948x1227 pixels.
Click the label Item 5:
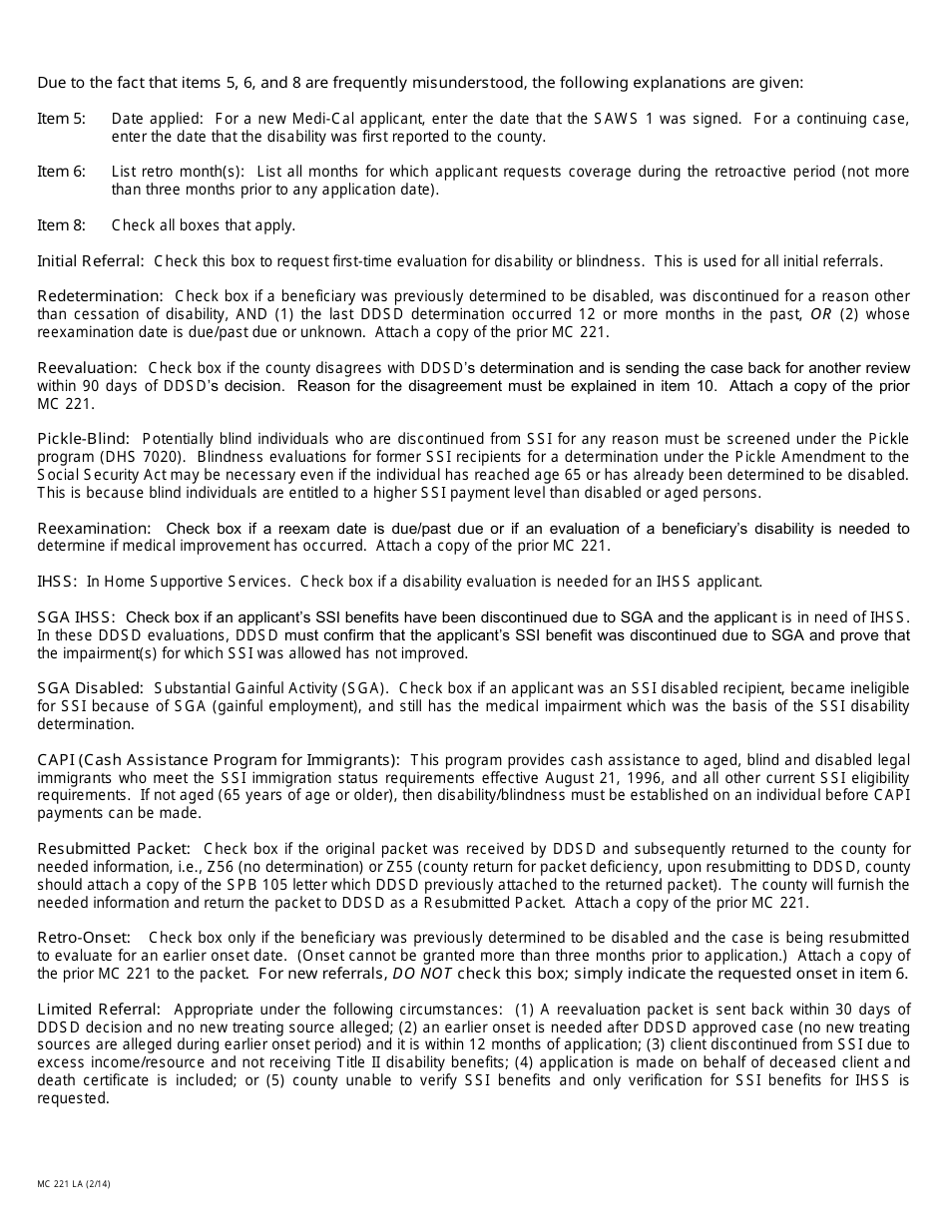point(61,119)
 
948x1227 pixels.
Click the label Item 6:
point(61,172)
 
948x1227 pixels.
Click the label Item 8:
point(61,225)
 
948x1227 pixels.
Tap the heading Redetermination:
point(100,296)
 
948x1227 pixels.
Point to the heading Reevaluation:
point(87,368)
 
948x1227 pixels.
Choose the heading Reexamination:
point(94,528)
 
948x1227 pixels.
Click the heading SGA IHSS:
point(77,616)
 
